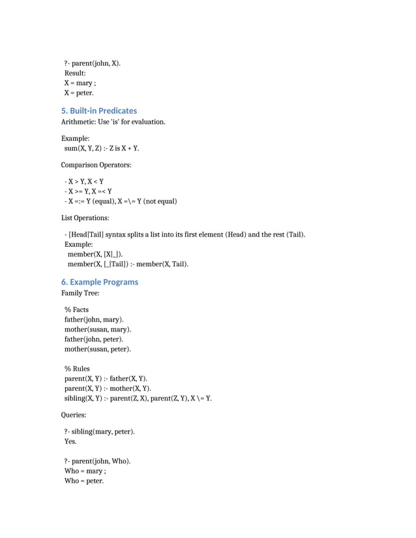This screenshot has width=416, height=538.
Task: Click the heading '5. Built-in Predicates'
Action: coord(99,111)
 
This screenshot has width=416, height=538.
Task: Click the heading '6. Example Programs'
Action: coord(100,282)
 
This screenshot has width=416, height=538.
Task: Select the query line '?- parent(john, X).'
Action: coord(93,63)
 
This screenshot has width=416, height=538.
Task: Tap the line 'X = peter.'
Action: coord(79,93)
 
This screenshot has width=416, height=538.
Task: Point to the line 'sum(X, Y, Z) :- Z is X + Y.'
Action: coord(102,149)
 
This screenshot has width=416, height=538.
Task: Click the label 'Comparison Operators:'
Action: coord(97,165)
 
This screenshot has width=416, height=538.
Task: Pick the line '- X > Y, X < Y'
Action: coord(84,182)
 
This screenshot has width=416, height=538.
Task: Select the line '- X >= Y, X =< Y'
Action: coord(88,191)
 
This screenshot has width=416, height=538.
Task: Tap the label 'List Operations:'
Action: coord(85,218)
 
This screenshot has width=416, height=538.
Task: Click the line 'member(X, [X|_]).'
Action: coord(95,254)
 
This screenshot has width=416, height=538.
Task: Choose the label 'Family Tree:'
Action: coord(80,294)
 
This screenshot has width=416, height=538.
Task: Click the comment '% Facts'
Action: coord(76,309)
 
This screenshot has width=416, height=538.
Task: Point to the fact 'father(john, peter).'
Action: coord(94,339)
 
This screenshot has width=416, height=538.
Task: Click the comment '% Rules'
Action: coord(77,369)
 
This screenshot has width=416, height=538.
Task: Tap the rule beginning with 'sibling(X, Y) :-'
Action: coord(138,399)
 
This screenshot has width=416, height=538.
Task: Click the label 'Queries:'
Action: coord(74,414)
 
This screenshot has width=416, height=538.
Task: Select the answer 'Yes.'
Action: coord(70,442)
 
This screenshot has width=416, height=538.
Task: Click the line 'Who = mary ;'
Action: coord(85,471)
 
